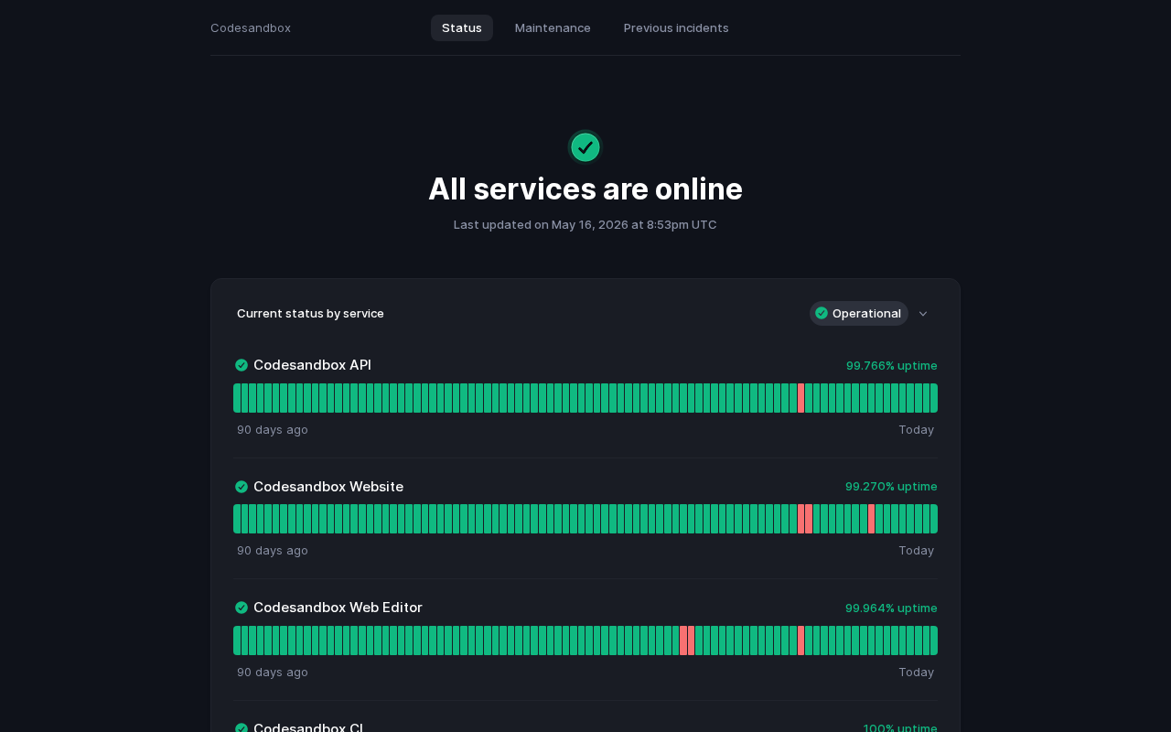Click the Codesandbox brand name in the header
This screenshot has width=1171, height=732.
pyautogui.click(x=251, y=27)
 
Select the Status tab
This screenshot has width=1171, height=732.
pyautogui.click(x=462, y=27)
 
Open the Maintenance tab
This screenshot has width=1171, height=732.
pyautogui.click(x=553, y=27)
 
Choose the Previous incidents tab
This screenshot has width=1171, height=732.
pyautogui.click(x=676, y=27)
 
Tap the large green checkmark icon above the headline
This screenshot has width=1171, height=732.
pyautogui.click(x=585, y=147)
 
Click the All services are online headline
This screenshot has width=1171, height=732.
pyautogui.click(x=585, y=188)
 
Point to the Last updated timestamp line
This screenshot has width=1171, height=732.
pyautogui.click(x=585, y=225)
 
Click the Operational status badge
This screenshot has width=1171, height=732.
pyautogui.click(x=858, y=313)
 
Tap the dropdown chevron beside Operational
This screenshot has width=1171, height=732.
pyautogui.click(x=923, y=314)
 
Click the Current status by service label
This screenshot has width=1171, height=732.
pyautogui.click(x=310, y=313)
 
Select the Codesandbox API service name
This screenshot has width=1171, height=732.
pyautogui.click(x=312, y=365)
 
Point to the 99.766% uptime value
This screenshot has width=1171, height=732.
pyautogui.click(x=891, y=365)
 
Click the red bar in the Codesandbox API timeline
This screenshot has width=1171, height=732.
pyautogui.click(x=800, y=398)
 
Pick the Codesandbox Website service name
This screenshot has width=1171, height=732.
pyautogui.click(x=328, y=487)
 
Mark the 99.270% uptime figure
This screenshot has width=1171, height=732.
pyautogui.click(x=891, y=486)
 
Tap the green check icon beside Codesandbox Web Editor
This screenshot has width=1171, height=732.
pyautogui.click(x=241, y=608)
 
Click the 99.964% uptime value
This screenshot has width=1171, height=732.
pyautogui.click(x=891, y=608)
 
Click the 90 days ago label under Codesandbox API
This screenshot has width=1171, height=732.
pyautogui.click(x=273, y=430)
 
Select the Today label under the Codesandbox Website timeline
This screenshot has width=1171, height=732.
pyautogui.click(x=916, y=551)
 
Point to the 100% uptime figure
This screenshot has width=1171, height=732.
pyautogui.click(x=899, y=727)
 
